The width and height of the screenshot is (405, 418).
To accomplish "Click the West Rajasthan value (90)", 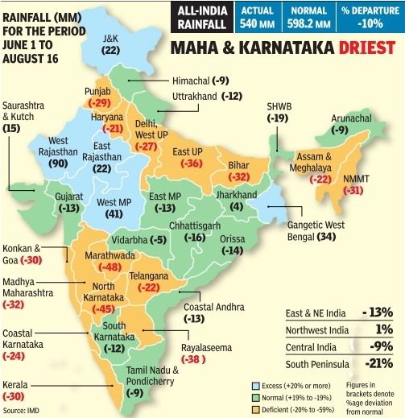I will (x=57, y=163).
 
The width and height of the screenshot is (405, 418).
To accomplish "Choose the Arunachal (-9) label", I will (x=353, y=124).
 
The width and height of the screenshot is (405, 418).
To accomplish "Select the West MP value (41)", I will (x=115, y=213).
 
